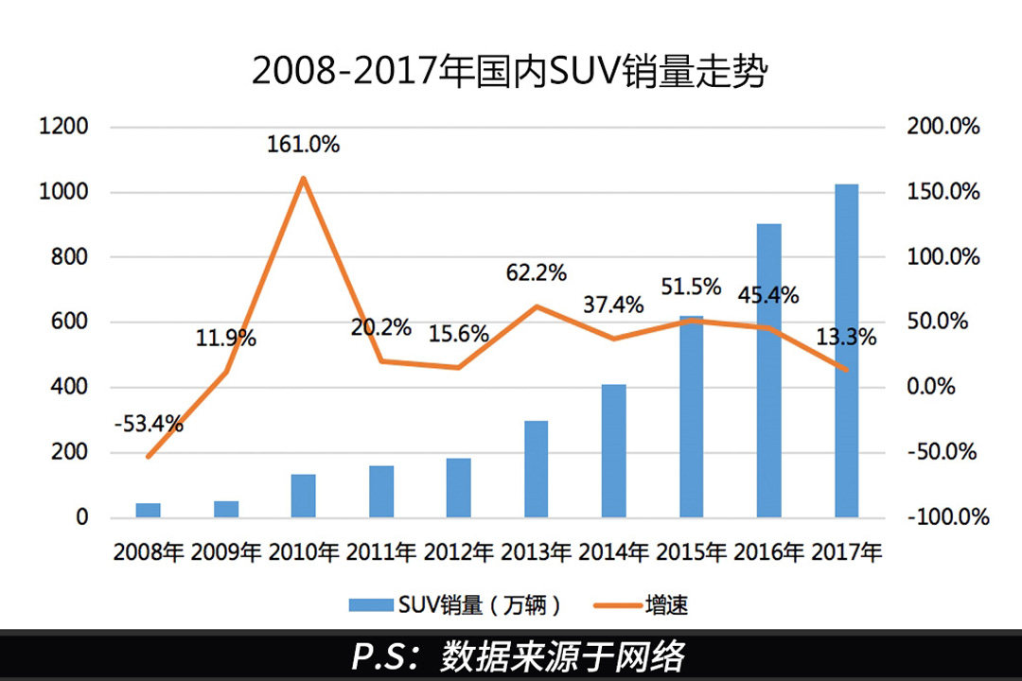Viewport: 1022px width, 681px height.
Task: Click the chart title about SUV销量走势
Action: click(x=508, y=72)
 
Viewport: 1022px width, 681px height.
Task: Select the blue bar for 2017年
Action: click(x=846, y=351)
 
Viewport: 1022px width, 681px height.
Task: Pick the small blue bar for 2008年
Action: click(x=149, y=510)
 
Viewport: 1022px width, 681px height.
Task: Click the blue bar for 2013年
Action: click(x=537, y=469)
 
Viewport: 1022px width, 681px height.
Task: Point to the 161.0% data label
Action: click(x=303, y=146)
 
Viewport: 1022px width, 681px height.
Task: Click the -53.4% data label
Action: click(x=149, y=425)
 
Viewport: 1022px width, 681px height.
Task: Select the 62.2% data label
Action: click(x=536, y=273)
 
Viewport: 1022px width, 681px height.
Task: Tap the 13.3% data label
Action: click(x=846, y=337)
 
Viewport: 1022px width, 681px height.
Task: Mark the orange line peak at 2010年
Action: click(x=303, y=178)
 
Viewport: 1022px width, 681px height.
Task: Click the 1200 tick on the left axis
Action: click(x=64, y=127)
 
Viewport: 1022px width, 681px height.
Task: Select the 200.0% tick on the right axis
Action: click(x=943, y=127)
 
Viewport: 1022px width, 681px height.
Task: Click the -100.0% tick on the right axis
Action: click(x=946, y=517)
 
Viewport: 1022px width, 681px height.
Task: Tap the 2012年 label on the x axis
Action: click(x=459, y=552)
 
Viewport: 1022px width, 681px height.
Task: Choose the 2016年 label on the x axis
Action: click(x=769, y=552)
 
